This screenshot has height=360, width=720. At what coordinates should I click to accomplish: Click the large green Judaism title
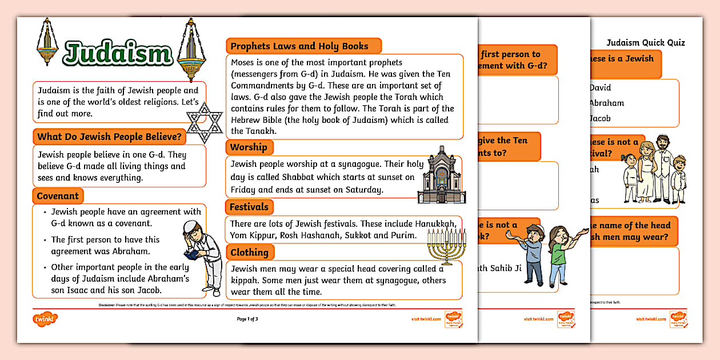[117, 53]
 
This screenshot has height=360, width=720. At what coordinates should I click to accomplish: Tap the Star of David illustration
[205, 122]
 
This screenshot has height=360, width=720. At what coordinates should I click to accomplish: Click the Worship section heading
[249, 147]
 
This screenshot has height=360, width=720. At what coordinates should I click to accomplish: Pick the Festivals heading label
[249, 207]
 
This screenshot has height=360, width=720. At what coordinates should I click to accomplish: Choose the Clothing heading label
[249, 252]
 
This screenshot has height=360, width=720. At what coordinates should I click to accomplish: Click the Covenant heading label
[58, 196]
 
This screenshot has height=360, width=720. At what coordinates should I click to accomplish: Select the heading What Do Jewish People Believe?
[109, 137]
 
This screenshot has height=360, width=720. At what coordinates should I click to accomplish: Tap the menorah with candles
[444, 246]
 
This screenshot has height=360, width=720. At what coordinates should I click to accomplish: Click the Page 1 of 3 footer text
[247, 319]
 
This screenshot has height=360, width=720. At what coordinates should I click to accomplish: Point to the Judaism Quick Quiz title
[645, 42]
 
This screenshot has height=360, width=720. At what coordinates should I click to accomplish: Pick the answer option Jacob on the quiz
[599, 118]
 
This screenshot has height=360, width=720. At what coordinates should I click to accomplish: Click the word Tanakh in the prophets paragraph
[245, 131]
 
